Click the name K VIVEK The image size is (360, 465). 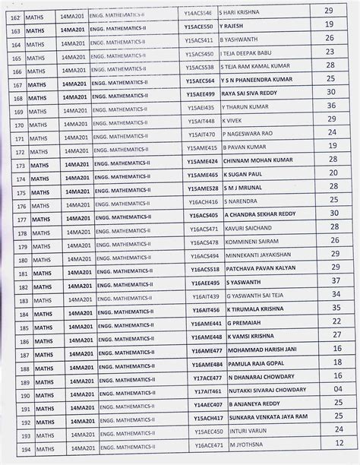[x=234, y=120]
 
